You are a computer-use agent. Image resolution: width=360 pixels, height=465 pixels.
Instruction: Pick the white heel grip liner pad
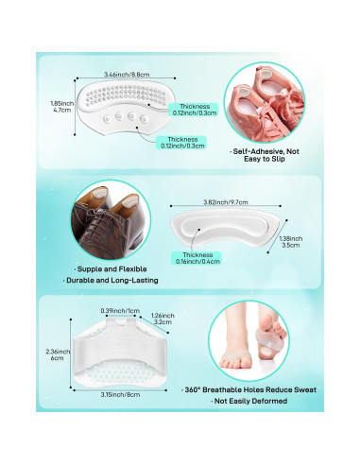(x=227, y=229)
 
